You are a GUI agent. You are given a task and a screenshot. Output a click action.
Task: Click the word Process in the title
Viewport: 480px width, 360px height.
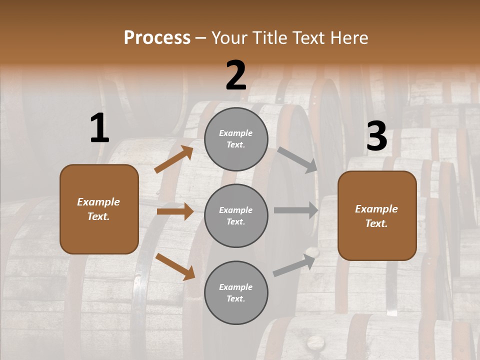click(157, 38)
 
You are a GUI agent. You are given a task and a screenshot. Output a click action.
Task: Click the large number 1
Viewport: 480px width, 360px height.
click(99, 128)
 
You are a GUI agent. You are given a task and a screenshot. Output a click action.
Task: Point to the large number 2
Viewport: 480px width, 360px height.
click(236, 75)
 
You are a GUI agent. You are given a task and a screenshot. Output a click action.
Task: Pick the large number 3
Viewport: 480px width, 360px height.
click(376, 136)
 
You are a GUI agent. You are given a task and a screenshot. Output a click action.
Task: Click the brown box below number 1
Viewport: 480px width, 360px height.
click(99, 209)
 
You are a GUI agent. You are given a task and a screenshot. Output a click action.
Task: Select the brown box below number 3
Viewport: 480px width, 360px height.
click(377, 215)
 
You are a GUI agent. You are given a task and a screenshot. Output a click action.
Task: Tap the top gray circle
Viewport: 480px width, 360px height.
click(236, 139)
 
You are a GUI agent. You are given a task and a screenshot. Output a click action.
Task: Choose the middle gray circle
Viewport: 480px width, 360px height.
click(236, 215)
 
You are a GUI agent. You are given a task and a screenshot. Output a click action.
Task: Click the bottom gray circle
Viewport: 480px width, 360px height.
click(236, 292)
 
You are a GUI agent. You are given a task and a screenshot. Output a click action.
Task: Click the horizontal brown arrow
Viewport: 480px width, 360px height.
click(175, 211)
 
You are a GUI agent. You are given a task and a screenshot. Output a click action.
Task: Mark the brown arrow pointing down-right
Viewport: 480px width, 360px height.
click(175, 266)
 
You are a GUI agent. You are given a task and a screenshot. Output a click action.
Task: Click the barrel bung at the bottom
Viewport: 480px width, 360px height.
click(315, 342)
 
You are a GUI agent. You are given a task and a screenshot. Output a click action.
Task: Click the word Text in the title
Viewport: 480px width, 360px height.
click(308, 38)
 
